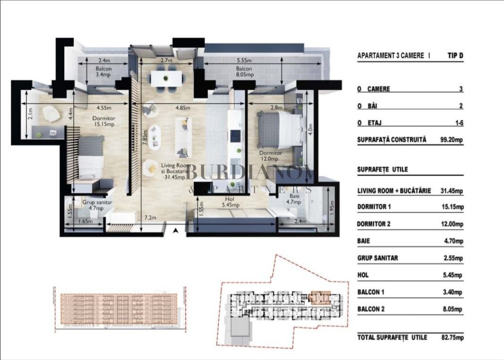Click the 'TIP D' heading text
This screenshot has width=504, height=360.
pyautogui.click(x=455, y=55)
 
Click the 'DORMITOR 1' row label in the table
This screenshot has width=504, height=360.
pyautogui.click(x=374, y=207)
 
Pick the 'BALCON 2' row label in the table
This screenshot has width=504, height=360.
pyautogui.click(x=371, y=309)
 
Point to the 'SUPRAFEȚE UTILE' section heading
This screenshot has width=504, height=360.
pyautogui.click(x=383, y=169)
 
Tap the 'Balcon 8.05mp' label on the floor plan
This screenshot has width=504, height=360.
pyautogui.click(x=245, y=72)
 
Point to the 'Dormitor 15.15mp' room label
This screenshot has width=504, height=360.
pyautogui.click(x=104, y=121)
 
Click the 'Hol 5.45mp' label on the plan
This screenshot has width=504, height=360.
pyautogui.click(x=231, y=202)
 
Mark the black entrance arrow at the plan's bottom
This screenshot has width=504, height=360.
pyautogui.click(x=175, y=231)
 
